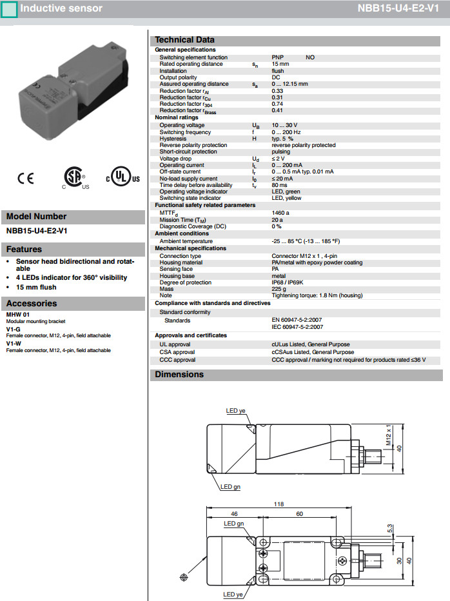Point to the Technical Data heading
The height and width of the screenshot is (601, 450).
[x=184, y=39]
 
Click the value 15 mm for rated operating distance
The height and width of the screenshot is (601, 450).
[x=280, y=64]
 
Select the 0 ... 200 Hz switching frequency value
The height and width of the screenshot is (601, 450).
[x=286, y=132]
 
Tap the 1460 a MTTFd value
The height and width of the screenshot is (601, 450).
[x=280, y=212]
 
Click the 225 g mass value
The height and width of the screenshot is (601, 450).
[x=279, y=289]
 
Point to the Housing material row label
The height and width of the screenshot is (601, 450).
[x=181, y=262]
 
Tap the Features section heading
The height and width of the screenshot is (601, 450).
[x=24, y=249]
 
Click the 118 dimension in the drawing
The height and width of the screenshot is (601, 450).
[x=279, y=505]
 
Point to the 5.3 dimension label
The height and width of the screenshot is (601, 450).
[x=390, y=528]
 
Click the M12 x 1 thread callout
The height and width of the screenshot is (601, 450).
[x=389, y=436]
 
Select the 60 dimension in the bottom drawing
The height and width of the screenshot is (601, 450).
[x=299, y=514]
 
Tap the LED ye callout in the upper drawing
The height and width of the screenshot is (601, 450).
[x=235, y=410]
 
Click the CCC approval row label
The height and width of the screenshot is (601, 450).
[x=177, y=360]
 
